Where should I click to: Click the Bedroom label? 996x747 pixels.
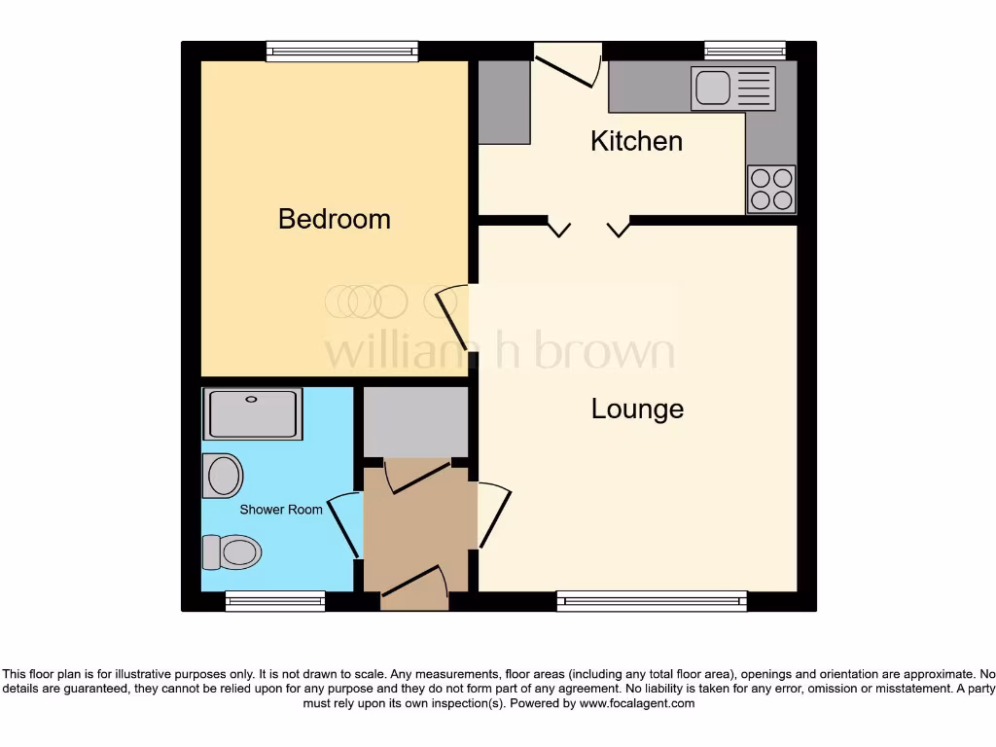[x=334, y=219]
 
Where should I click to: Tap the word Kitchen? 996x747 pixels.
[x=636, y=141]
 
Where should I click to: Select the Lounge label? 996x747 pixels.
[x=637, y=409]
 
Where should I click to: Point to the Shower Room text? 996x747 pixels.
[x=281, y=510]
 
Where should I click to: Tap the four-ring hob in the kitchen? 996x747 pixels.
[x=771, y=189]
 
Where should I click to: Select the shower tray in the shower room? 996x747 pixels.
[x=252, y=413]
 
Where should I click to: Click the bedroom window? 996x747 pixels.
[x=341, y=52]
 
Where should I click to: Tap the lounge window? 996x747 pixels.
[x=652, y=601]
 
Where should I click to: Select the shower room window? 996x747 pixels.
[x=275, y=601]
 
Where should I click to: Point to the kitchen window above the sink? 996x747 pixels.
[x=745, y=51]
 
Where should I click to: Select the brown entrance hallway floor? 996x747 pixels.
[x=418, y=530]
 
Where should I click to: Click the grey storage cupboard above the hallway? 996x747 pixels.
[x=415, y=421]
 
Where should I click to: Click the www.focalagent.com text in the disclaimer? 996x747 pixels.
[x=637, y=703]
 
